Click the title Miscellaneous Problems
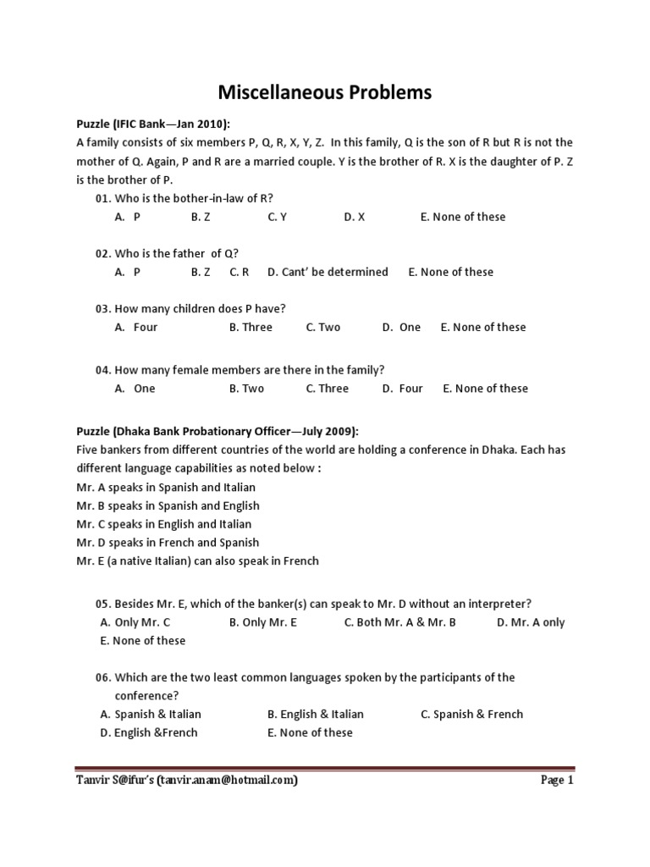(x=325, y=91)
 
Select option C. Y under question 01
(x=278, y=217)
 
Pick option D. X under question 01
(x=354, y=217)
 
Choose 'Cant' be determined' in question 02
(x=328, y=272)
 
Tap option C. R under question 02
(x=239, y=272)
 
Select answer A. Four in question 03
(x=136, y=327)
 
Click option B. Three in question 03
(x=251, y=327)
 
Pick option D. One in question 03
(x=401, y=327)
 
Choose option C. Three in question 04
(x=327, y=389)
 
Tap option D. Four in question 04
(x=402, y=389)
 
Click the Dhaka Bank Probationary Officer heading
(x=218, y=431)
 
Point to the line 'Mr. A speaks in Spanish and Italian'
(x=166, y=487)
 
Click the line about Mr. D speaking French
(x=168, y=542)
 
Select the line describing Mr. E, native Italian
(x=197, y=561)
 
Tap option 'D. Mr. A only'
(x=531, y=622)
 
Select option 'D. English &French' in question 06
(x=149, y=732)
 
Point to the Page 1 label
(x=557, y=781)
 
